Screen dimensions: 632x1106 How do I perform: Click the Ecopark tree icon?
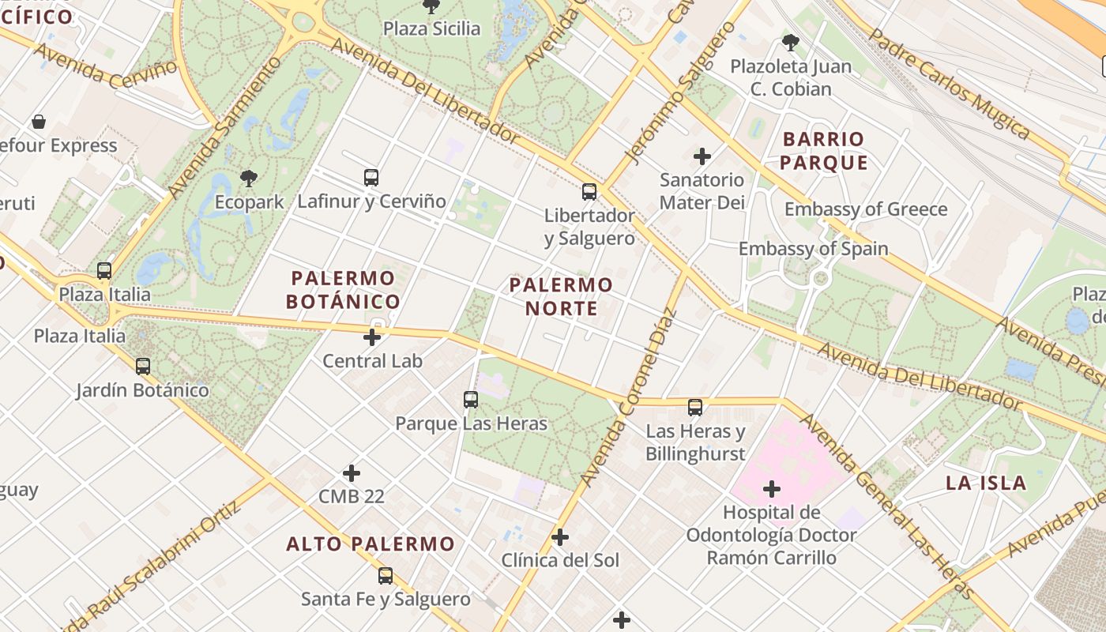point(249,178)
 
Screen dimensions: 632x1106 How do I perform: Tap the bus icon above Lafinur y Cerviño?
point(371,178)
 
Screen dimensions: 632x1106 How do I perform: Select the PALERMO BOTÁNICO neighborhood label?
point(343,290)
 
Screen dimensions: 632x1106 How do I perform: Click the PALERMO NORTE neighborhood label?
point(561,296)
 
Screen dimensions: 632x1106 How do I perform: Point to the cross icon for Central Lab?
point(372,337)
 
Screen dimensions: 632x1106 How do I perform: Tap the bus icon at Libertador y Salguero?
point(589,191)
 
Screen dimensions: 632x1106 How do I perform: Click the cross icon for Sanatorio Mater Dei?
point(702,156)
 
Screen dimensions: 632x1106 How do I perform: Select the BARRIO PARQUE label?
point(825,151)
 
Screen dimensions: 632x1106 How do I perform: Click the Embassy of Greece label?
point(866,209)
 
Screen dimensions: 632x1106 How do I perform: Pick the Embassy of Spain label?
point(813,249)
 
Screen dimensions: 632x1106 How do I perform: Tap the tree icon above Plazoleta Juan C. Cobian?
point(789,43)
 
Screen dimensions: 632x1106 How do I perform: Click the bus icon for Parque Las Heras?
point(471,400)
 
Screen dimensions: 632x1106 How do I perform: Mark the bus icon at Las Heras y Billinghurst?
point(695,408)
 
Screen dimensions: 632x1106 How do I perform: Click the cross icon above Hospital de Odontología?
point(772,489)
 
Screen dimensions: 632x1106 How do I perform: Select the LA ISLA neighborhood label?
point(986,483)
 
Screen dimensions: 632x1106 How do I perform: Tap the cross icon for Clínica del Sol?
point(560,538)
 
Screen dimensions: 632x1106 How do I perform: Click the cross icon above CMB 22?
point(352,473)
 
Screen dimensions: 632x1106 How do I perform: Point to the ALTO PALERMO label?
point(371,544)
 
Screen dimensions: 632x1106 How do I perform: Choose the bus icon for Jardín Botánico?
point(143,367)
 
